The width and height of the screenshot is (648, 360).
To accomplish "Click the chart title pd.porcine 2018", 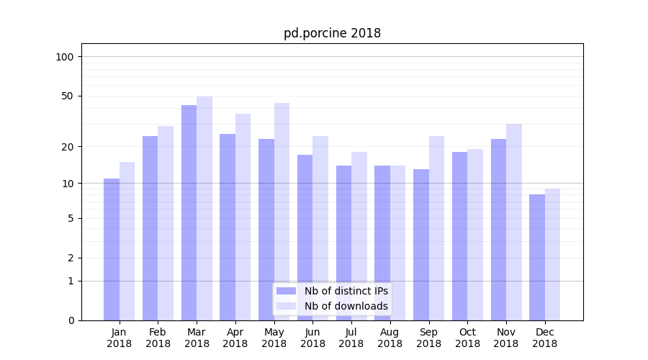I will tap(332, 33).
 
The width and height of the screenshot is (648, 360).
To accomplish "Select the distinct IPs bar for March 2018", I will tap(189, 212).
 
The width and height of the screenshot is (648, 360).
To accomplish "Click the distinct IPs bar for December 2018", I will tap(537, 257).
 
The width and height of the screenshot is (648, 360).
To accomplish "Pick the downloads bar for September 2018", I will tap(436, 228).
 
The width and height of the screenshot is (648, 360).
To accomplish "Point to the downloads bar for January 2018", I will tap(127, 240).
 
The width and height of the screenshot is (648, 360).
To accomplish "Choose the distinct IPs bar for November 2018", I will tap(498, 229).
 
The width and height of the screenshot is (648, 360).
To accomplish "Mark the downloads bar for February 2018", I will tap(166, 222).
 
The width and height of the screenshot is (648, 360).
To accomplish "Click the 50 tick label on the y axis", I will tap(68, 96).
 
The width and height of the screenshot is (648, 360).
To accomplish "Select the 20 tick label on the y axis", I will tap(68, 147).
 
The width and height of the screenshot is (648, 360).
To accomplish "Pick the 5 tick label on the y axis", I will tap(71, 218).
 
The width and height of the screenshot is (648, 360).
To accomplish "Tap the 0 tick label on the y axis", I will tap(71, 320).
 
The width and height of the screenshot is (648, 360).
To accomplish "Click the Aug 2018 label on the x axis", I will tap(390, 338).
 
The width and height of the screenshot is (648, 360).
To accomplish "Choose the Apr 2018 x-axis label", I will tap(235, 338).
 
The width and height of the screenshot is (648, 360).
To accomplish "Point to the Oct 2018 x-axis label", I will tap(467, 338).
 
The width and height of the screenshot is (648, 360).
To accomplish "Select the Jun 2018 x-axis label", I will tap(312, 338).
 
